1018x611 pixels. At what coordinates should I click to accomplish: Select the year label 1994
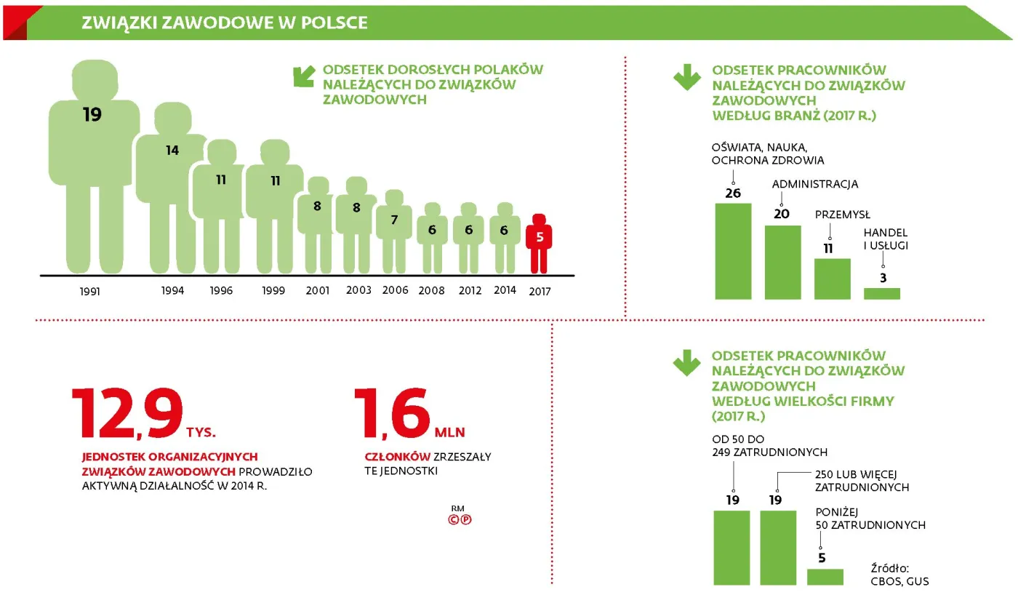(173, 291)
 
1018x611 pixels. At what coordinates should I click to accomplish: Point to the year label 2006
(396, 290)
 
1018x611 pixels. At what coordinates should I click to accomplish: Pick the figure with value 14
(172, 182)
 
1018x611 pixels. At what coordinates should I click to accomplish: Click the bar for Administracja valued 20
(782, 263)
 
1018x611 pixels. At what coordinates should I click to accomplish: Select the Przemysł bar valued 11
(832, 279)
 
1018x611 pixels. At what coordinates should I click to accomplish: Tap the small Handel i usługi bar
(881, 294)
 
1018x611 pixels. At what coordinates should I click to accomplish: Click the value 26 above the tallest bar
(733, 193)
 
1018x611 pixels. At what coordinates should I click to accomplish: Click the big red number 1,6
(392, 415)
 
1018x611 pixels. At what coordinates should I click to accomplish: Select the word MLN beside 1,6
(449, 432)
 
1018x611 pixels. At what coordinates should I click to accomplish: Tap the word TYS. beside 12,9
(201, 432)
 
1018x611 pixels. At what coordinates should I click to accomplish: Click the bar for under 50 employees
(825, 577)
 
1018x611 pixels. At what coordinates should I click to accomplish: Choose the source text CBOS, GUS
(899, 581)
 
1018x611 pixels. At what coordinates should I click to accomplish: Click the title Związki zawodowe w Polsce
(225, 23)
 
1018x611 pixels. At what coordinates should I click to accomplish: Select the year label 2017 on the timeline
(540, 291)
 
